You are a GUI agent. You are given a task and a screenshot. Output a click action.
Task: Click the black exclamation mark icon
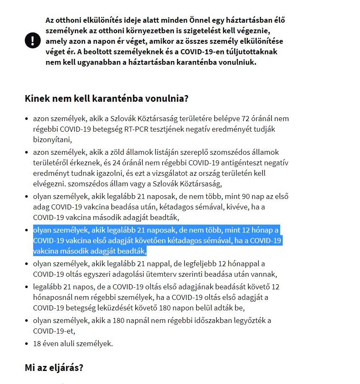point(32,41)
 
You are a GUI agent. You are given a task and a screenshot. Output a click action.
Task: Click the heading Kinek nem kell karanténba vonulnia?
point(106,99)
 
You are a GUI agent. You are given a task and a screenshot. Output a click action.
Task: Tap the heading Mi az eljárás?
point(54,367)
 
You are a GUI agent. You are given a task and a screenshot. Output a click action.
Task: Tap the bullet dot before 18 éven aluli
point(27,344)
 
